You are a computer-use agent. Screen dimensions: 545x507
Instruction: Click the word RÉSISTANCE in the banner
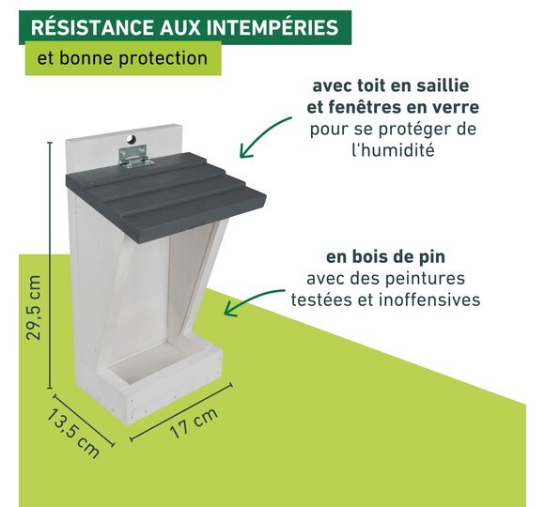coord(93,27)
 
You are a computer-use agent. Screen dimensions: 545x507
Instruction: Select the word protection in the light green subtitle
coord(163,58)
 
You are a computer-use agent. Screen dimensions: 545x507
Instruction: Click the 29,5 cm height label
coord(34,308)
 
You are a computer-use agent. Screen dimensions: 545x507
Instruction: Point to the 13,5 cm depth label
coord(73,433)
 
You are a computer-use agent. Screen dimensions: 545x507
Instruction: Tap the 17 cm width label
coord(194,422)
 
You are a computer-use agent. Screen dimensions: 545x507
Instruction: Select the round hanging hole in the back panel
coord(132,139)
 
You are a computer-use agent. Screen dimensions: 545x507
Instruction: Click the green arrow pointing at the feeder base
coord(251,298)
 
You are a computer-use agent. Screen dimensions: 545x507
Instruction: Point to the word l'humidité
coord(393,150)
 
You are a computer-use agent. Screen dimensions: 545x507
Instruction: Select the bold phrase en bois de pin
coord(385,257)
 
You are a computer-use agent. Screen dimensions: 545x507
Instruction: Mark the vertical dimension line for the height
coord(50,266)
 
